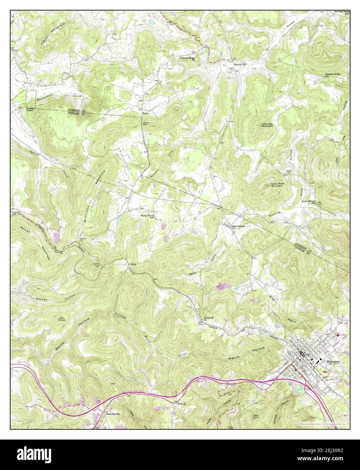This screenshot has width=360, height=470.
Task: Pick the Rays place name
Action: point(145,113)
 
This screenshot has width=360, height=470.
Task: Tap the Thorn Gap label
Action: point(146,124)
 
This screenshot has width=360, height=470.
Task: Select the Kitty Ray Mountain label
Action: point(267,125)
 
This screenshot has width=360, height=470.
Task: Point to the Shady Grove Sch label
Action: point(148,216)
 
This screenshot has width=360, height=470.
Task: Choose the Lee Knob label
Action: point(62,319)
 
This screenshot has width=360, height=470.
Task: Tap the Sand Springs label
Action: point(113,414)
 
